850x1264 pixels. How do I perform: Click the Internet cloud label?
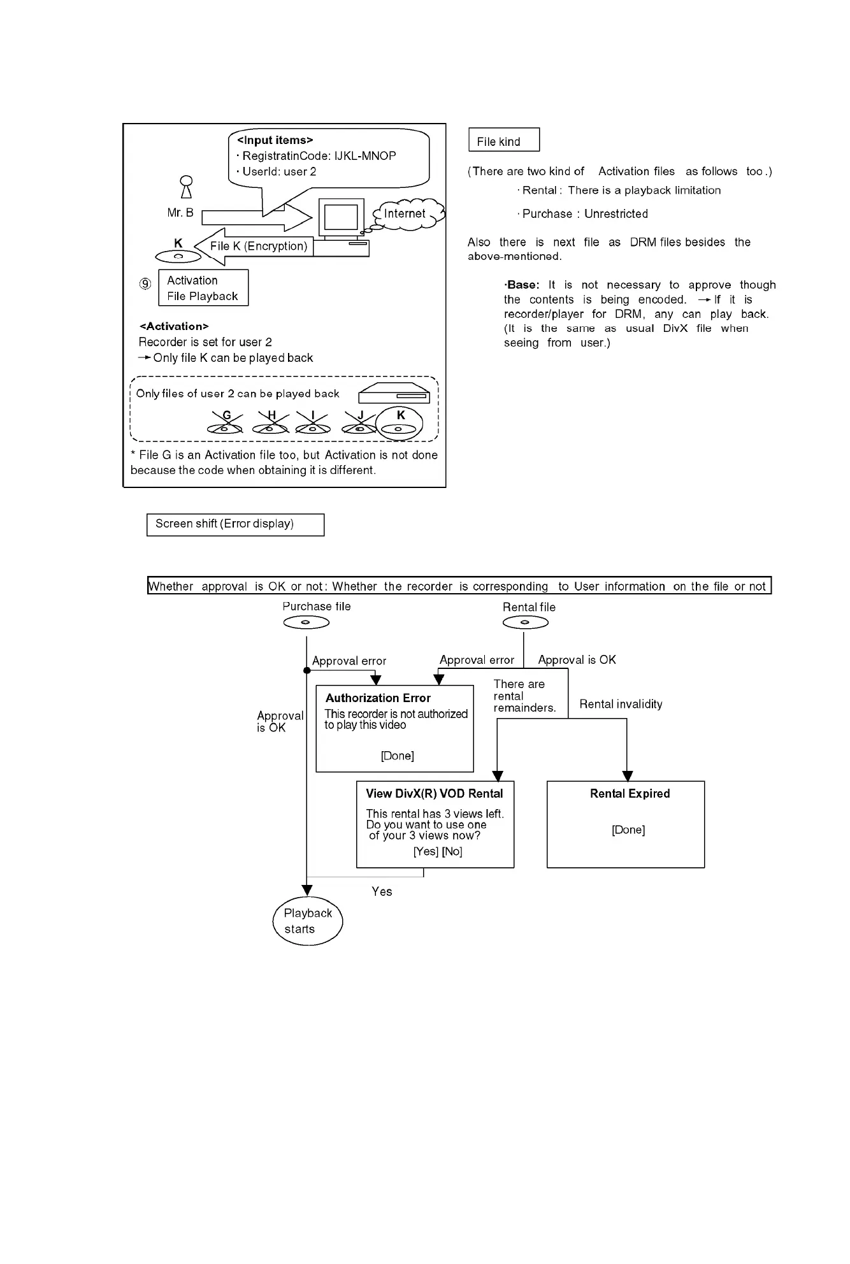[x=405, y=214]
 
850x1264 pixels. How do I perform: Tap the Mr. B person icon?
[x=186, y=187]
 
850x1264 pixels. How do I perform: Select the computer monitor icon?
[x=341, y=217]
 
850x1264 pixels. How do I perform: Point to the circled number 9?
[x=145, y=284]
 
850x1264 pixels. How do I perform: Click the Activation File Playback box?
[x=203, y=288]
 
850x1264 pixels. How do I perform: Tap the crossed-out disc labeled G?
[x=226, y=424]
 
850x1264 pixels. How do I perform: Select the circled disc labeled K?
[x=400, y=424]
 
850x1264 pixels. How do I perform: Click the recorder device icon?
[x=394, y=394]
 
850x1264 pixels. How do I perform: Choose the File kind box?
[x=504, y=141]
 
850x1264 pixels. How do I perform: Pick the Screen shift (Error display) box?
[x=235, y=524]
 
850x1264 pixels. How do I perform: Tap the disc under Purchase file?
[x=306, y=622]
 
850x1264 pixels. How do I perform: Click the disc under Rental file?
[x=526, y=622]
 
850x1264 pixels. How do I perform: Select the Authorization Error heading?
[x=378, y=698]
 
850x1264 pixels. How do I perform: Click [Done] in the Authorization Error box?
[x=398, y=756]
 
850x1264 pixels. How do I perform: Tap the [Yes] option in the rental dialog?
[x=426, y=852]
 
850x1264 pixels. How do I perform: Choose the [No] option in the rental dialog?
[x=452, y=852]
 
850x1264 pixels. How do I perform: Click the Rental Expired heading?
[x=630, y=794]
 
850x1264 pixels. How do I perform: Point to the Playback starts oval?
[x=308, y=921]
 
